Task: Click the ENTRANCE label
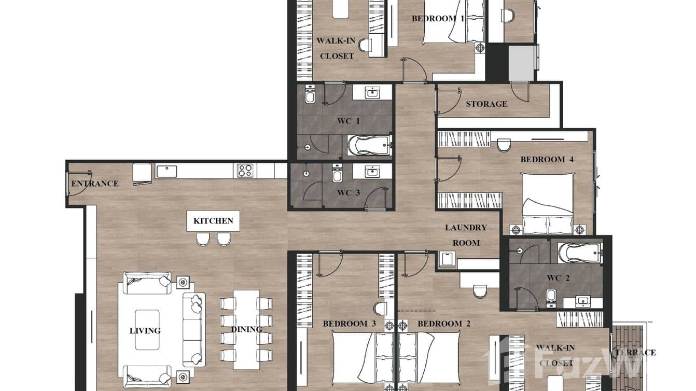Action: [94, 184]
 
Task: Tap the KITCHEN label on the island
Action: [213, 221]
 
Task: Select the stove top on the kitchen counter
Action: [245, 171]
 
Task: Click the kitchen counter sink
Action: [166, 171]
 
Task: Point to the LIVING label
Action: [145, 330]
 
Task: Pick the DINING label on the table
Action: [246, 329]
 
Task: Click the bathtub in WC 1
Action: [369, 146]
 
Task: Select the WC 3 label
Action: [348, 193]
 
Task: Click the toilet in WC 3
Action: [337, 175]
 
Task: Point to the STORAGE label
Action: [486, 104]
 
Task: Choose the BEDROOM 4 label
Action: [547, 160]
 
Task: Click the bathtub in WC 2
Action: [580, 253]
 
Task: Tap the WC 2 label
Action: [558, 278]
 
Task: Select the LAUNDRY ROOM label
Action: [466, 235]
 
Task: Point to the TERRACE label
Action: [635, 353]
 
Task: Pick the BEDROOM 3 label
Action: [349, 324]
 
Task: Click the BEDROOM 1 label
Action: [438, 19]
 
